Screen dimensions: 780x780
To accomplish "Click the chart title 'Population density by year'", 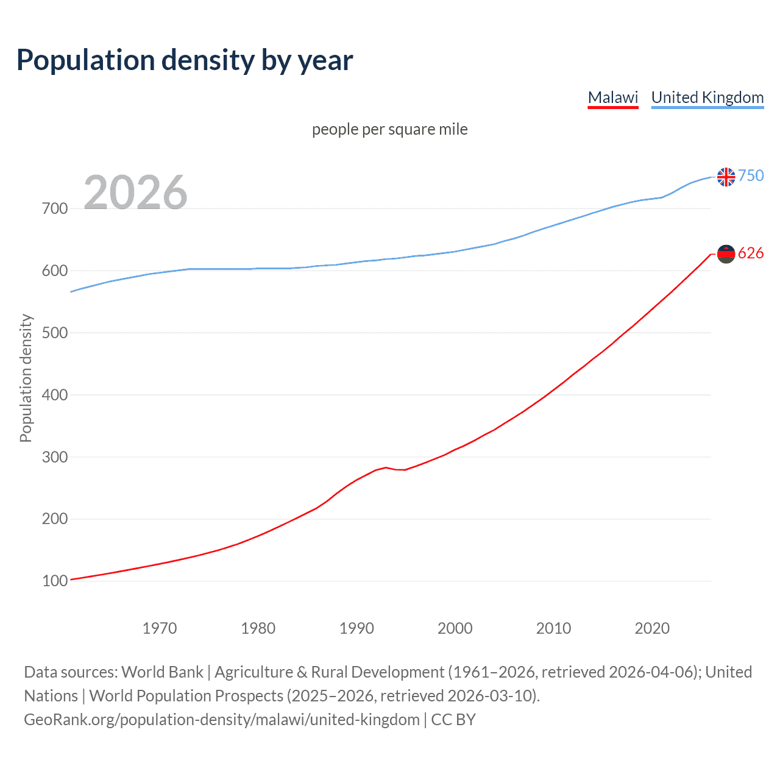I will click(x=185, y=60).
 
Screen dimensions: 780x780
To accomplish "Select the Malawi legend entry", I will click(x=612, y=97).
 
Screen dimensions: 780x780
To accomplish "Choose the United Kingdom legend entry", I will click(x=707, y=97).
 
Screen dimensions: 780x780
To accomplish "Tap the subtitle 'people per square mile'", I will click(x=389, y=129).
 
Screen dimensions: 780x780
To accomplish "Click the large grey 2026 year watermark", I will click(x=135, y=193).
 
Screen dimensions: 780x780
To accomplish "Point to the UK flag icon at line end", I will click(x=726, y=177).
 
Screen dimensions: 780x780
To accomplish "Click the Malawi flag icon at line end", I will click(x=726, y=253).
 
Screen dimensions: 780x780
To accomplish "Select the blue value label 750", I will click(x=751, y=175).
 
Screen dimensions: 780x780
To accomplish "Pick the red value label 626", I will click(x=751, y=253).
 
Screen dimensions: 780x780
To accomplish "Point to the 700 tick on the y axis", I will click(x=55, y=208).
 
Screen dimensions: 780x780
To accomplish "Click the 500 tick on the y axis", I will click(x=55, y=333).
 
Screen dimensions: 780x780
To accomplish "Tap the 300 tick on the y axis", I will click(x=55, y=457).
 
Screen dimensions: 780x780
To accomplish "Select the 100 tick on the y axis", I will click(x=55, y=581).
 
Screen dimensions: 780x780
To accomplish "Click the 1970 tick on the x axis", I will click(x=160, y=628).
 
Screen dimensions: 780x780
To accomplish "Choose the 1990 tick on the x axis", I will click(x=356, y=628).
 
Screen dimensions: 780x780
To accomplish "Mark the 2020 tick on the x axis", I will click(x=652, y=628).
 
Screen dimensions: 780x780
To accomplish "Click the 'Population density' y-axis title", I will click(x=26, y=378).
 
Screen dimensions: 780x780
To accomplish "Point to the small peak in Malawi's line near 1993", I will click(x=386, y=467).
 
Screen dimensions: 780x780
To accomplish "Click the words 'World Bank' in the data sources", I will click(x=162, y=672).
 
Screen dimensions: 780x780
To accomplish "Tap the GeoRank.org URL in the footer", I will click(x=222, y=720).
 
